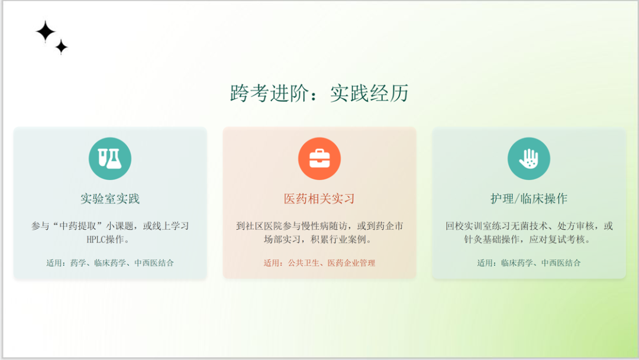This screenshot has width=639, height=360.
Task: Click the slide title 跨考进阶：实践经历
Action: click(319, 94)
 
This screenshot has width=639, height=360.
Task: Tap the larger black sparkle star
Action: click(45, 31)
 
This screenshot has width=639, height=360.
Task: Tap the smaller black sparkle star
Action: click(62, 47)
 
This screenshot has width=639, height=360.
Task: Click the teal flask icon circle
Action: click(110, 159)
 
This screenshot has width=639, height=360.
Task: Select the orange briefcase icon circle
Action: click(319, 159)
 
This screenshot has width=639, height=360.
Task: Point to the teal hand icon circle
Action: click(529, 159)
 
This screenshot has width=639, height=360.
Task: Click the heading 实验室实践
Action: click(110, 198)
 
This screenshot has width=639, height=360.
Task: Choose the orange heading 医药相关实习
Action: click(319, 198)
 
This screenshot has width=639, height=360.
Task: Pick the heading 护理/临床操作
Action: click(529, 198)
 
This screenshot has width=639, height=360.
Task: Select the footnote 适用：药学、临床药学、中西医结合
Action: click(110, 263)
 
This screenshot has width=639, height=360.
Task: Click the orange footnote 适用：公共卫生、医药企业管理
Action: click(319, 263)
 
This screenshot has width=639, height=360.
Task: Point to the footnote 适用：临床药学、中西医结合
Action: click(529, 263)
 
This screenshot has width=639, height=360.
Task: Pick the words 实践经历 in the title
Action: click(369, 94)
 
